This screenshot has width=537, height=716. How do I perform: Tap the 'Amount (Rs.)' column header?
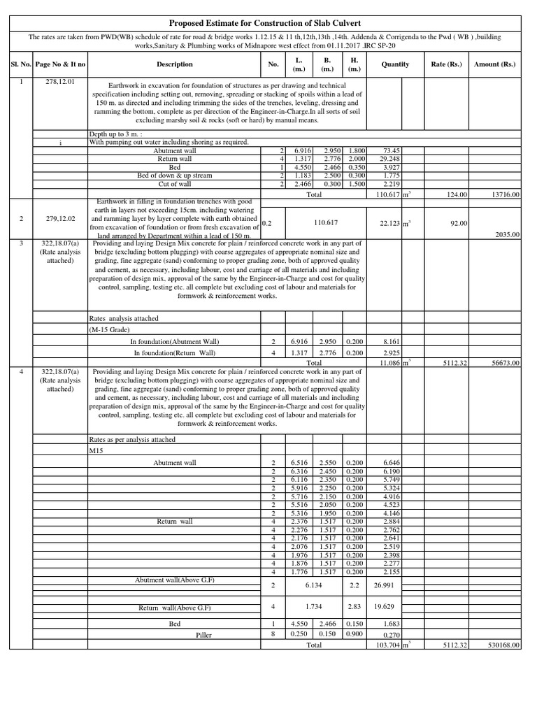496,64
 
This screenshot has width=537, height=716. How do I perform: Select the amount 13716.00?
504,194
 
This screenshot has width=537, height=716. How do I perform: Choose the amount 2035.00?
506,235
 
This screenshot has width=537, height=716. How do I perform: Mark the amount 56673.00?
504,363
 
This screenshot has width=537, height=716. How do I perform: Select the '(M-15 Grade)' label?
114,329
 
